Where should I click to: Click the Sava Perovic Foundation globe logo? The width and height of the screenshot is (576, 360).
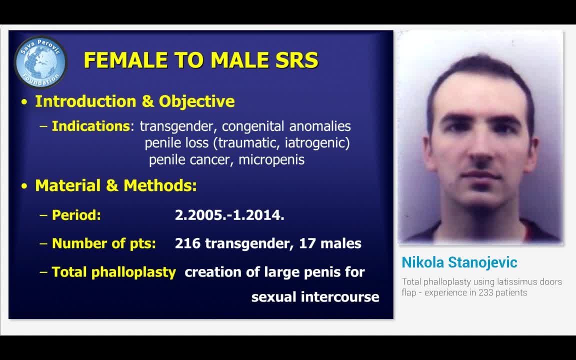pyautogui.click(x=40, y=61)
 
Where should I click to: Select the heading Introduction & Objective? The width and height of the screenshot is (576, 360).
pyautogui.click(x=134, y=101)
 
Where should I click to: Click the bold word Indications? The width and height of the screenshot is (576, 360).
pyautogui.click(x=90, y=126)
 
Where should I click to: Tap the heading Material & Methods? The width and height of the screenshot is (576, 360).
pyautogui.click(x=115, y=185)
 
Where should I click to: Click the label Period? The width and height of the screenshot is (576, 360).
pyautogui.click(x=76, y=215)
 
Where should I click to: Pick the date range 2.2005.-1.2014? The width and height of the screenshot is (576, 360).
pyautogui.click(x=229, y=215)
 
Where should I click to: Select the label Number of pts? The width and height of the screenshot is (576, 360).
pyautogui.click(x=103, y=243)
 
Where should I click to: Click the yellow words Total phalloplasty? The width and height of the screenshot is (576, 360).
pyautogui.click(x=113, y=272)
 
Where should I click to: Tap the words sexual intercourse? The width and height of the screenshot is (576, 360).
pyautogui.click(x=315, y=296)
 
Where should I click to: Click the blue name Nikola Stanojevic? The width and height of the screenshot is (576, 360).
pyautogui.click(x=459, y=262)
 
